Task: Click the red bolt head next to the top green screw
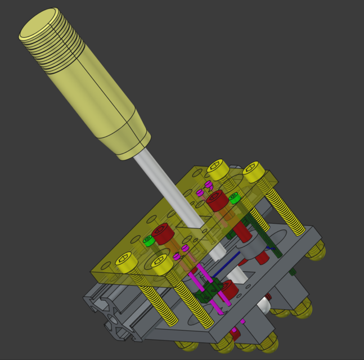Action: [217, 200]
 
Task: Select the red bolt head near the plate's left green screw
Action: [163, 233]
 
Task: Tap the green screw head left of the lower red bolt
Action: [149, 241]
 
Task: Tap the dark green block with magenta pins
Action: [212, 290]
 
